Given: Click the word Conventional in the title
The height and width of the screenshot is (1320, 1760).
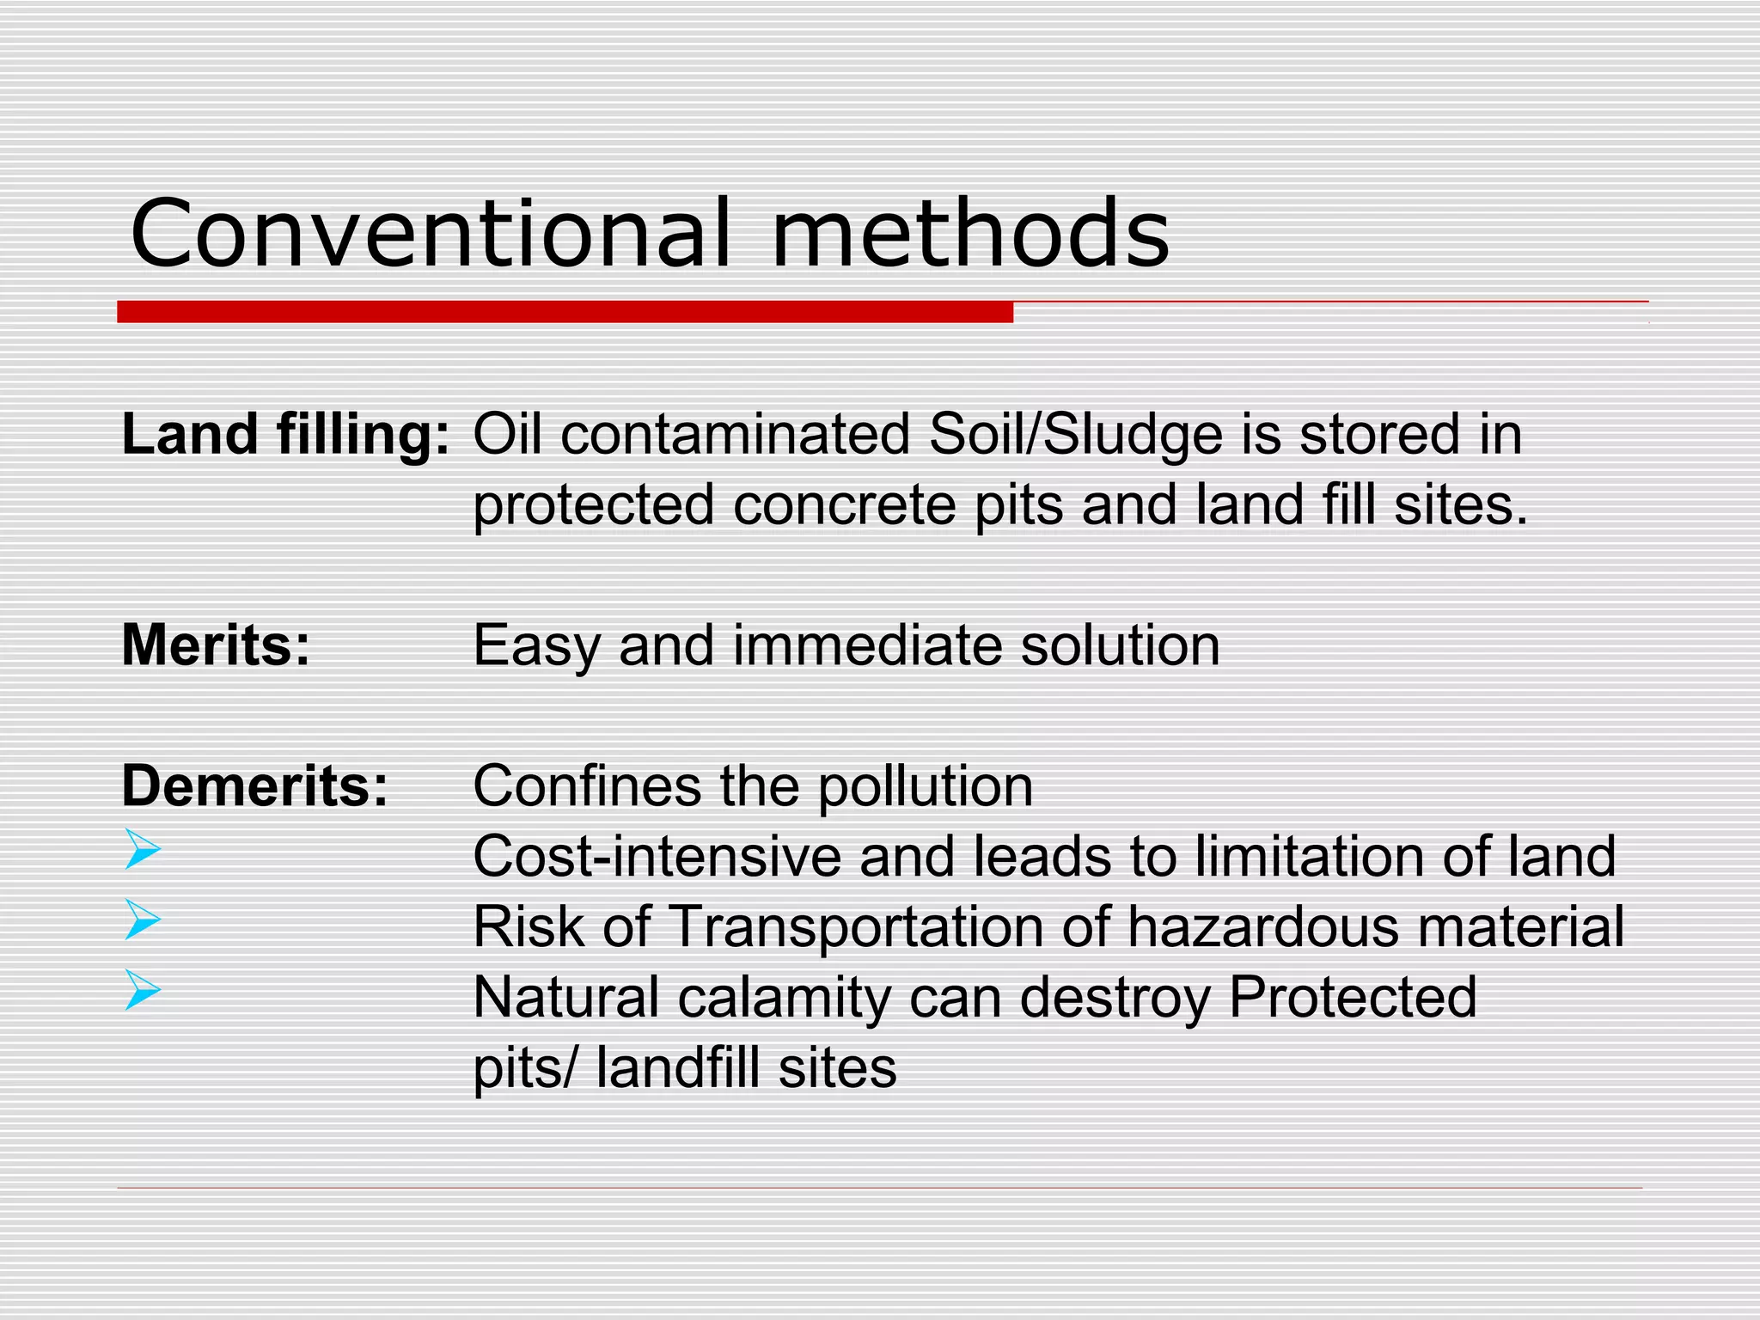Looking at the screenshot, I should click(x=430, y=234).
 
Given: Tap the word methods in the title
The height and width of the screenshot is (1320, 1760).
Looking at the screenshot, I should click(x=970, y=234).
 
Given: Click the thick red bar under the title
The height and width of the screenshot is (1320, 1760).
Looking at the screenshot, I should click(x=565, y=312).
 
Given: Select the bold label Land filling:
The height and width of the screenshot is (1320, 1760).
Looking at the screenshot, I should click(x=285, y=435).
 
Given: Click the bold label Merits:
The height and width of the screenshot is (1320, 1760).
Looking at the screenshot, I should click(x=216, y=645).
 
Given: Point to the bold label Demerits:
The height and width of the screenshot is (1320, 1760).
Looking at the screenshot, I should click(x=255, y=785).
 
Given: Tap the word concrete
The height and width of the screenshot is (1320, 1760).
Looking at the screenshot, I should click(x=845, y=504).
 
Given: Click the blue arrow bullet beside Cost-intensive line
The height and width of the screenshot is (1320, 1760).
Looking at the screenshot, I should click(x=143, y=849).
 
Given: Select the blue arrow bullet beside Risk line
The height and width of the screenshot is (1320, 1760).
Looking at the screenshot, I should click(x=143, y=920).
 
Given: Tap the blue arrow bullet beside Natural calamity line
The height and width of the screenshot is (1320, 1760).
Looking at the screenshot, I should click(x=143, y=990).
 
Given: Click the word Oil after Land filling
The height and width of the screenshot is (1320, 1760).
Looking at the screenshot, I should click(x=507, y=435).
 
